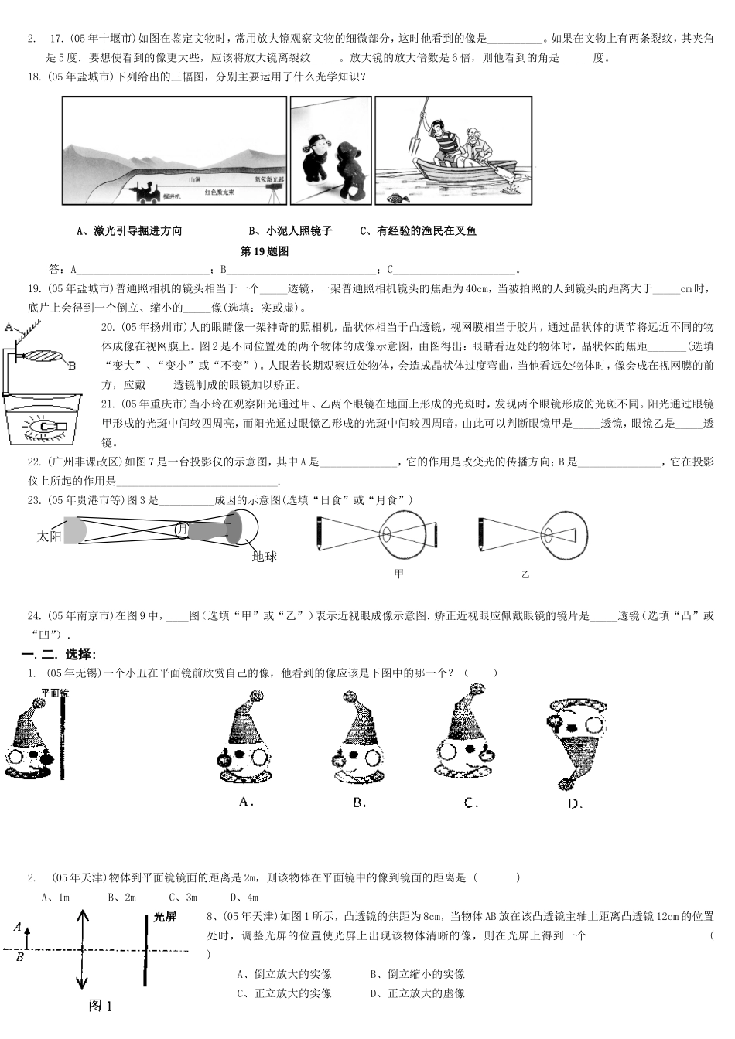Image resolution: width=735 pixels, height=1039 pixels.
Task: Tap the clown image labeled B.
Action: point(358,739)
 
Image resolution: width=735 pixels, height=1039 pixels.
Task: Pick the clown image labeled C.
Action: point(468,739)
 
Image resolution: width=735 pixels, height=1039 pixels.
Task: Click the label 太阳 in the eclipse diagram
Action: point(50,536)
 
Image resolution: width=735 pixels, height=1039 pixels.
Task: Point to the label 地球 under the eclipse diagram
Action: point(265,556)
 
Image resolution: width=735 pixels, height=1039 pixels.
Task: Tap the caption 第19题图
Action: point(265,251)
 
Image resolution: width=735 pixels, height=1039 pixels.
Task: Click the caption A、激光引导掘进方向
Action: point(130,230)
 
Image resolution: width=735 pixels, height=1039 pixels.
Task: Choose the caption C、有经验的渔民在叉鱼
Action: point(419,230)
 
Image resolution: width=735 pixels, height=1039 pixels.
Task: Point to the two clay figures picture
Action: point(330,151)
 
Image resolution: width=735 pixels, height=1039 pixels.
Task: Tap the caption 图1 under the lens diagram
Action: point(101,1006)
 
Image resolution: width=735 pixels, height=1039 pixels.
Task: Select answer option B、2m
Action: point(122,898)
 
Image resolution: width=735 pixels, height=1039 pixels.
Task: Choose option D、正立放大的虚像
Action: point(418,993)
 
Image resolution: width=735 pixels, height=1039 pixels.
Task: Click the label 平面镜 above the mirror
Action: point(54,693)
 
